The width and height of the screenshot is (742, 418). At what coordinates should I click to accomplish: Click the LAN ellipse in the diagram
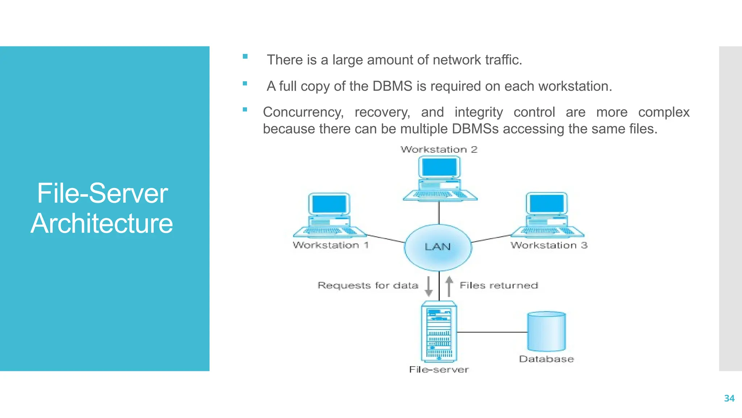coord(438,247)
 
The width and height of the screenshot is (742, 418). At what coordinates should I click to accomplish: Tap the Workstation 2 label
coord(439,149)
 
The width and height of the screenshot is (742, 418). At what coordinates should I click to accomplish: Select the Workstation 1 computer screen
coord(329,204)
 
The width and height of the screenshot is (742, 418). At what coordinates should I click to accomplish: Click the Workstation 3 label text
coord(549,245)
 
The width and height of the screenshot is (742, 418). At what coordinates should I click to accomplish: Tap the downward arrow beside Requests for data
coord(429,286)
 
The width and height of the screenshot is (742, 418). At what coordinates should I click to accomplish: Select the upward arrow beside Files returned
coord(449,286)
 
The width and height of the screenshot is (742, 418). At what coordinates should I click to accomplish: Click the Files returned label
coord(499,286)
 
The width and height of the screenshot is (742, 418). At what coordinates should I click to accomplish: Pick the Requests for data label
coord(368,286)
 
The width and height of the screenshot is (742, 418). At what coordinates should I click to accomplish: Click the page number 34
coord(729,398)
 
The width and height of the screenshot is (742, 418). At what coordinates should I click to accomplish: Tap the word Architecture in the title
coord(102,223)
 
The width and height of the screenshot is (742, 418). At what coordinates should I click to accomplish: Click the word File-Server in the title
coord(102,193)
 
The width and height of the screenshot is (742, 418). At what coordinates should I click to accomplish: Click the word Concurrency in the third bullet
coord(303,112)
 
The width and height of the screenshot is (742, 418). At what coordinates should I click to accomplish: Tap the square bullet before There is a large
coord(245,57)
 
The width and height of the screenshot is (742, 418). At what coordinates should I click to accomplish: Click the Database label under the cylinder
coord(546,359)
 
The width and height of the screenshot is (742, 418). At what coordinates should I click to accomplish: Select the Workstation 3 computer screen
coord(546,204)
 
